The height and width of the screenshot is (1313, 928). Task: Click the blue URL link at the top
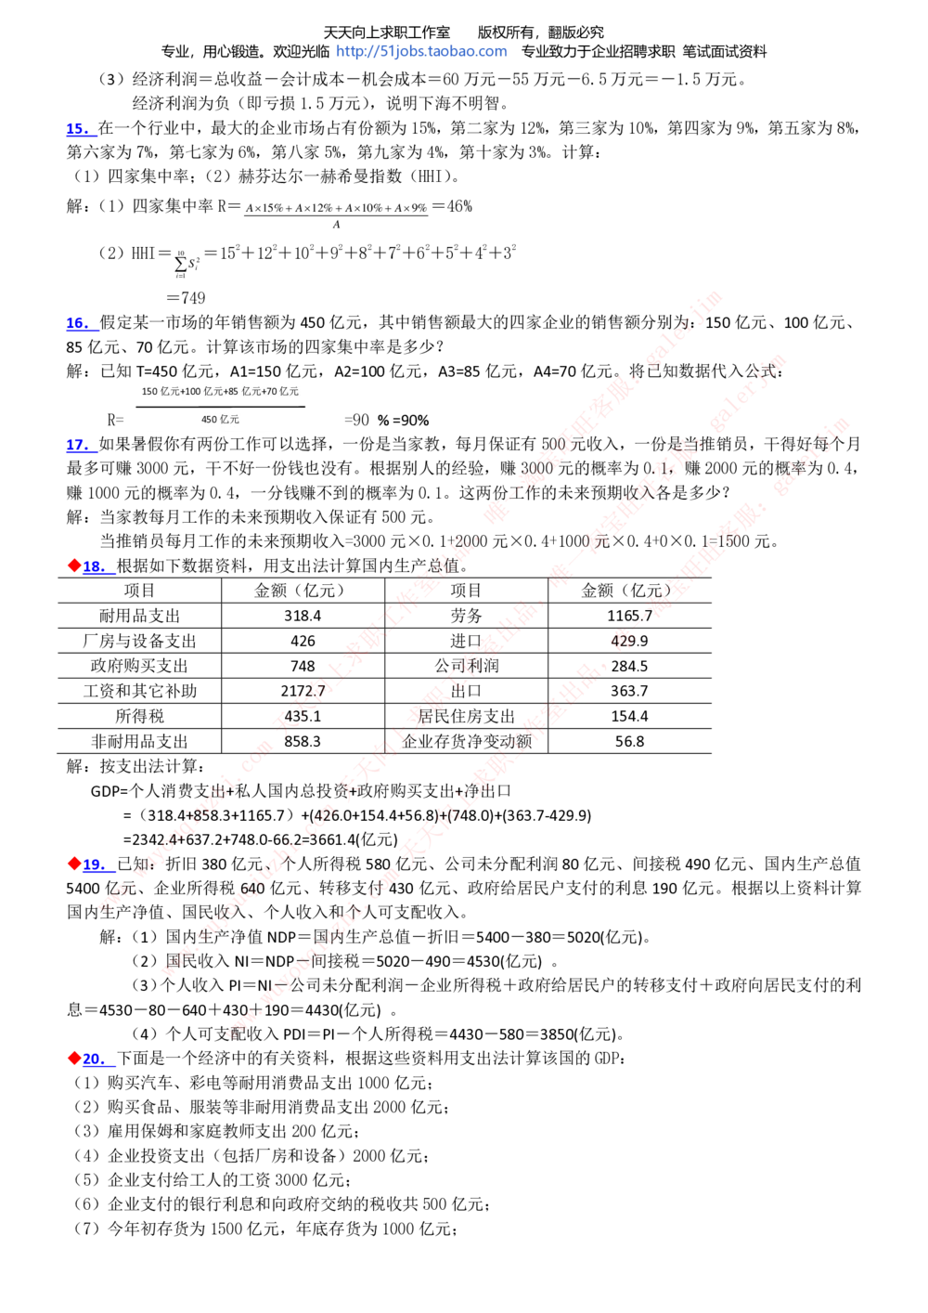[422, 52]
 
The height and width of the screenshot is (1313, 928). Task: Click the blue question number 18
[97, 566]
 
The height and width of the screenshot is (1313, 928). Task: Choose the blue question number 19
[97, 865]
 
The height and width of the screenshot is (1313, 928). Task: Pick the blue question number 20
[97, 1059]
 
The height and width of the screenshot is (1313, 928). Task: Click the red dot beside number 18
[74, 565]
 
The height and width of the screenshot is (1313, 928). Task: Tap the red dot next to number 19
[74, 864]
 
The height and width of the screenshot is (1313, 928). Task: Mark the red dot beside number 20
[74, 1057]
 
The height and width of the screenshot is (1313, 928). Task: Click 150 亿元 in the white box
[159, 392]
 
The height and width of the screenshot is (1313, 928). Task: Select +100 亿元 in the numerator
[201, 392]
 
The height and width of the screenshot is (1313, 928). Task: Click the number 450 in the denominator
[210, 420]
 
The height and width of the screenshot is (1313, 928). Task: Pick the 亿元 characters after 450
[230, 420]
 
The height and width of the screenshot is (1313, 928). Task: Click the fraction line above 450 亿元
[221, 407]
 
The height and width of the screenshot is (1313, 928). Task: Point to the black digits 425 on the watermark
[622, 641]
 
